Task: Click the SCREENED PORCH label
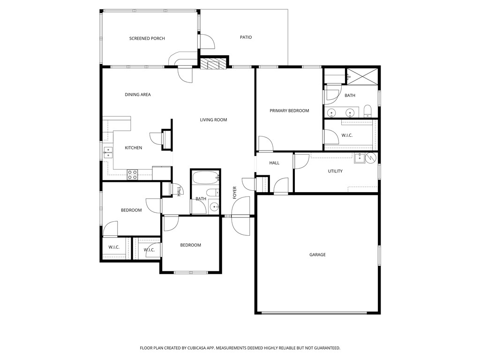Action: tap(147, 38)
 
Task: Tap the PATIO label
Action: tap(246, 37)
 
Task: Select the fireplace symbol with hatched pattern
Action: tap(214, 63)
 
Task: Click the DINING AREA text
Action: tap(138, 95)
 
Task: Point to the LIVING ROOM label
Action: tap(213, 120)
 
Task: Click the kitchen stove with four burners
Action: tap(132, 175)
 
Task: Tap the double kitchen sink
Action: tap(108, 152)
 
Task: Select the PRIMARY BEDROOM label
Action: tap(289, 111)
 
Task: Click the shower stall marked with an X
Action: tap(362, 76)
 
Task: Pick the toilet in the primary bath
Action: tap(367, 112)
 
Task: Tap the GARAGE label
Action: tap(317, 255)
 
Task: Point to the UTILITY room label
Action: tap(335, 171)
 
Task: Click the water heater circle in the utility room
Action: tap(371, 158)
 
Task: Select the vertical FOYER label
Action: tap(235, 193)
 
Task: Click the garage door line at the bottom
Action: tap(315, 313)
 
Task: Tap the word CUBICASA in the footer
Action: tap(198, 348)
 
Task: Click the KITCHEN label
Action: tap(134, 148)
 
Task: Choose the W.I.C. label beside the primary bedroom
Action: tap(347, 135)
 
